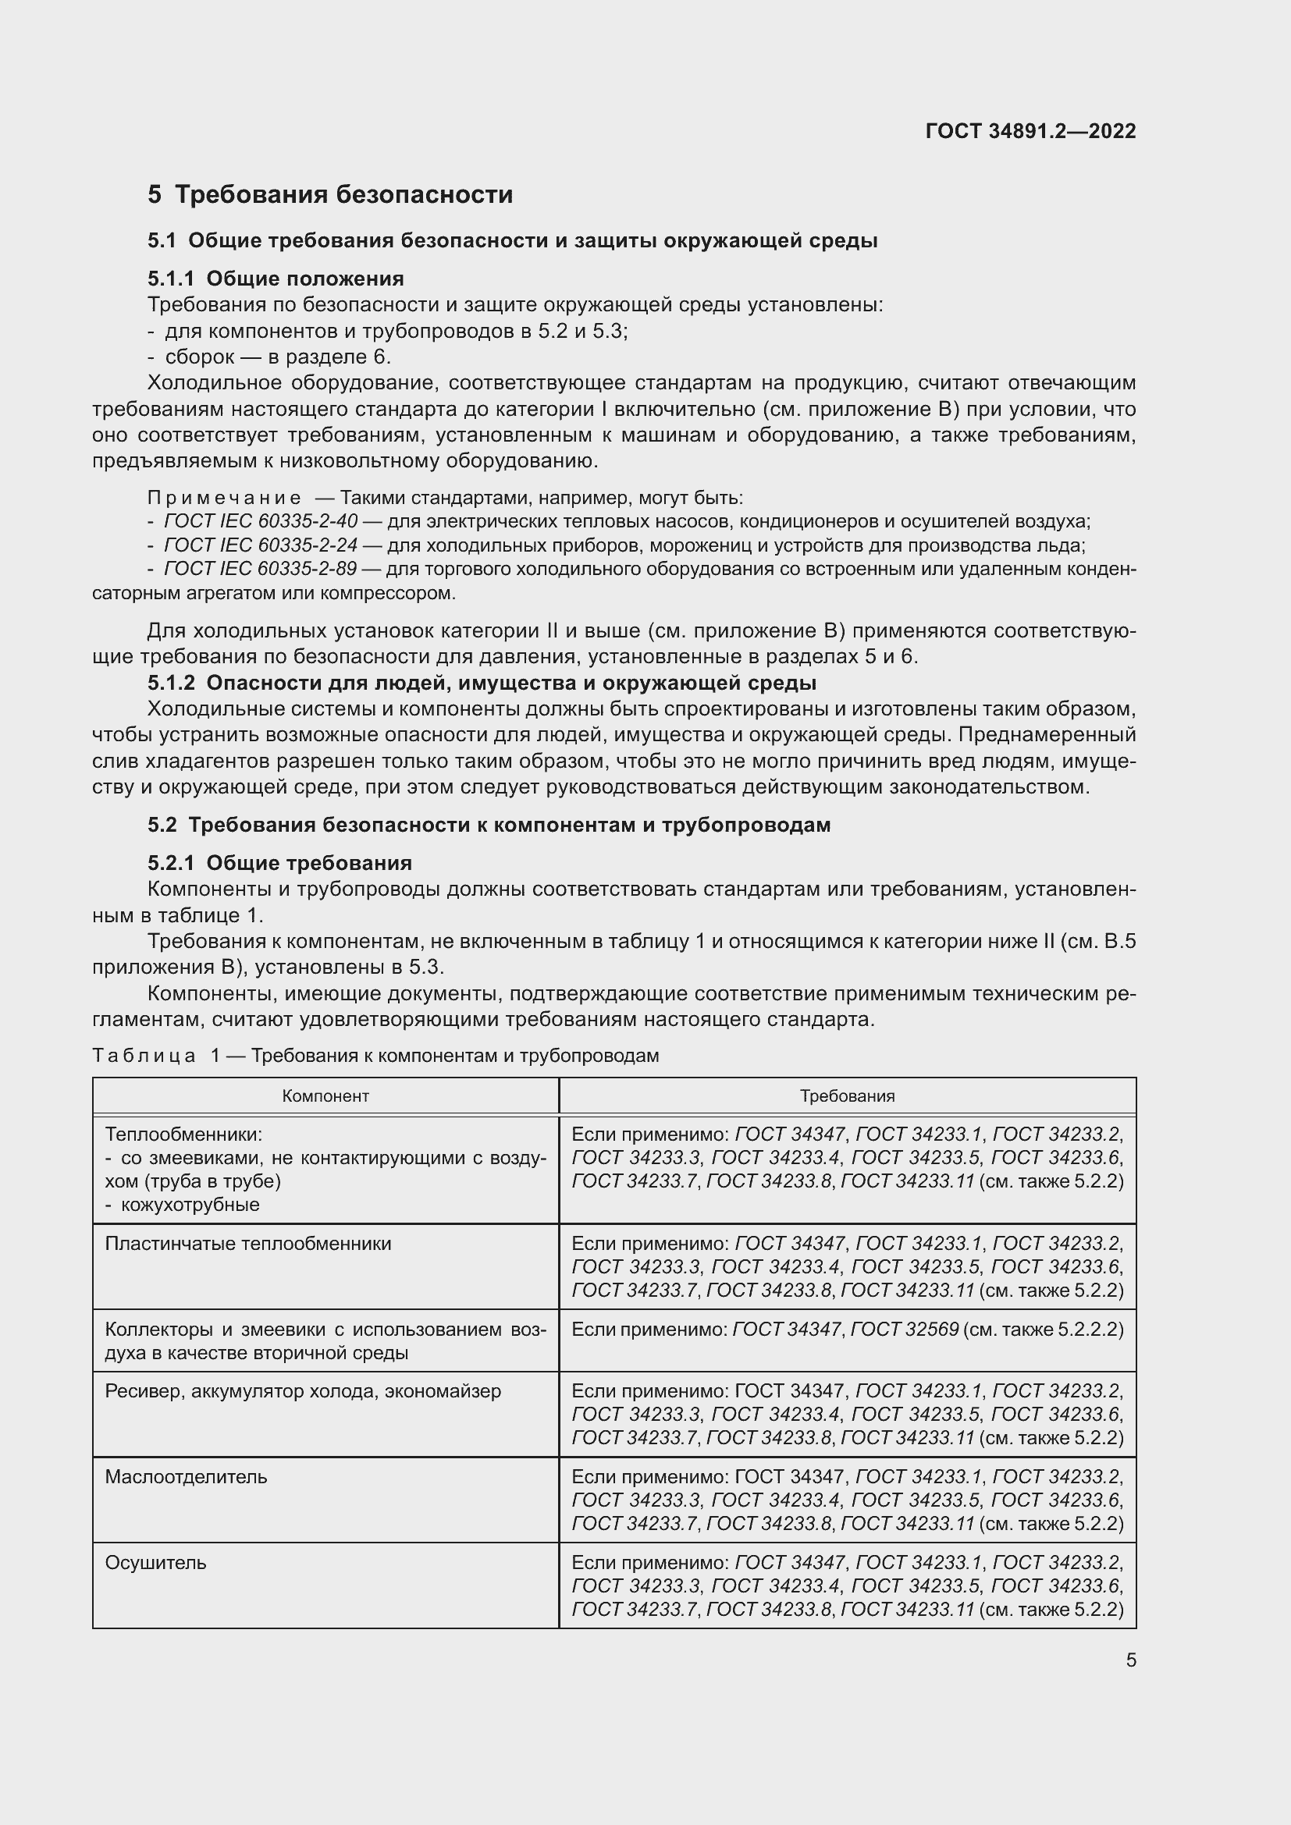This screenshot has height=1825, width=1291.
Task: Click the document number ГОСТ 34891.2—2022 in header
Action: pyautogui.click(x=1030, y=131)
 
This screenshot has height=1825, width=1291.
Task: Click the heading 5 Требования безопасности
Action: pyautogui.click(x=330, y=195)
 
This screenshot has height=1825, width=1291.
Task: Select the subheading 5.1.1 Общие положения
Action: pyautogui.click(x=275, y=279)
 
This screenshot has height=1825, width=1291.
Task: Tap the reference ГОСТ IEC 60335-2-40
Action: pyautogui.click(x=260, y=521)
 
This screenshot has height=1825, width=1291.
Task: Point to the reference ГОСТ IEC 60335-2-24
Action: pyautogui.click(x=260, y=545)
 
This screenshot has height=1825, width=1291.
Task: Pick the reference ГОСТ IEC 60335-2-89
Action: pyautogui.click(x=260, y=569)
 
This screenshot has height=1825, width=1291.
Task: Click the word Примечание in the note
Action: pyautogui.click(x=224, y=499)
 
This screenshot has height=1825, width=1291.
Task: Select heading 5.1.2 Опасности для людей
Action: pyautogui.click(x=482, y=683)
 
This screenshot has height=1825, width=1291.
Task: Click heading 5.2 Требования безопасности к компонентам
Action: pyautogui.click(x=488, y=825)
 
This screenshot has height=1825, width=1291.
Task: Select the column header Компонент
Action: pyautogui.click(x=325, y=1096)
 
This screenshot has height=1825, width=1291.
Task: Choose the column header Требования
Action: pyautogui.click(x=847, y=1096)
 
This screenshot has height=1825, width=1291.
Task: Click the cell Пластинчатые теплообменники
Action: pyautogui.click(x=248, y=1244)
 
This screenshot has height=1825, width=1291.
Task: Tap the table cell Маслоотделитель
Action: pyautogui.click(x=186, y=1477)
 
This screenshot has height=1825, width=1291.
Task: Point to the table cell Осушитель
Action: pyautogui.click(x=156, y=1563)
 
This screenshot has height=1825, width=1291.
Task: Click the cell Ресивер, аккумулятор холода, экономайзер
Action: pyautogui.click(x=303, y=1391)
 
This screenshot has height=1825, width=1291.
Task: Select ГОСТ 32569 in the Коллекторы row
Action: pyautogui.click(x=904, y=1329)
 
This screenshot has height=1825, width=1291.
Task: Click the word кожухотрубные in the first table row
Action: pyautogui.click(x=190, y=1204)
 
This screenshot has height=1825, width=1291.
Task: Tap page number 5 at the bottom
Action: pyautogui.click(x=1130, y=1660)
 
